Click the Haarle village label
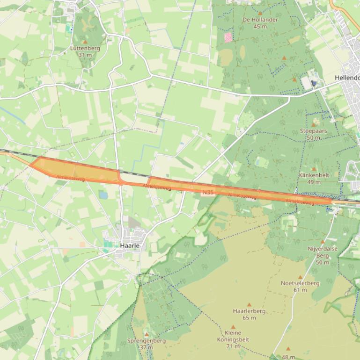[130, 245]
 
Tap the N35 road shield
[208, 192]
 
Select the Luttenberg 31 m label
[85, 51]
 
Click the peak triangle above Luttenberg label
[85, 42]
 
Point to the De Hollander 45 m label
[260, 23]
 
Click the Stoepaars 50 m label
[313, 134]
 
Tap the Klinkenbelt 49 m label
[314, 178]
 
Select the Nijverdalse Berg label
[322, 252]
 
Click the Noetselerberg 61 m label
[300, 286]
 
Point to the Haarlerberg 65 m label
[249, 314]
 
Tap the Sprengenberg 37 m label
[147, 344]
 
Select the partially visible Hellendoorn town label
[347, 78]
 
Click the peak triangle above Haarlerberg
[249, 304]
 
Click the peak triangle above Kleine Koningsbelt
[233, 327]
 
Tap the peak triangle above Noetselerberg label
[301, 277]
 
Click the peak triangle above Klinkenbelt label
[314, 169]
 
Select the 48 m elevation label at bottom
[288, 357]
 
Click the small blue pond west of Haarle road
[103, 195]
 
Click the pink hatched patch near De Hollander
[228, 37]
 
